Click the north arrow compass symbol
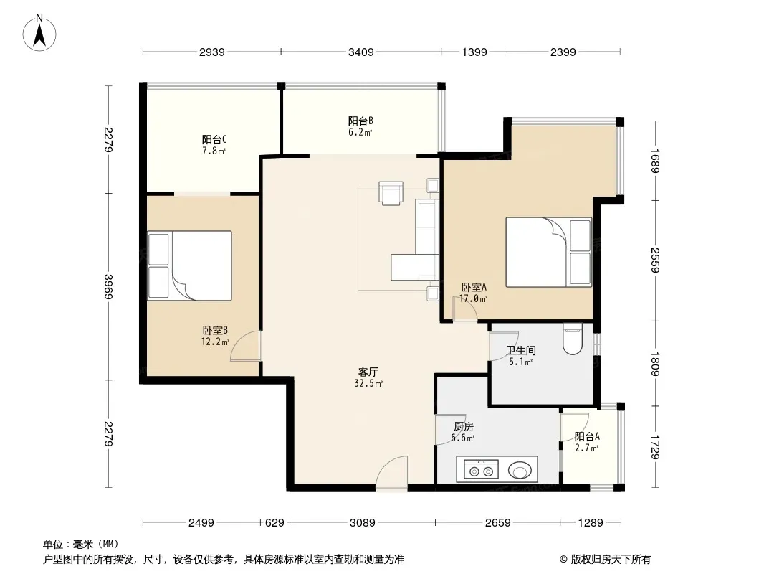[39, 33]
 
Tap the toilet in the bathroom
[572, 339]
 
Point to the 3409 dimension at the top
[361, 52]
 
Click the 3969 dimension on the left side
[108, 287]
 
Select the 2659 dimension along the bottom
[497, 523]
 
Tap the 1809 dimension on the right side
[655, 364]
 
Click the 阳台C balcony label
[214, 139]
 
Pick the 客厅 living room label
[368, 372]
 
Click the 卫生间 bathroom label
[521, 350]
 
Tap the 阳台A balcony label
[587, 436]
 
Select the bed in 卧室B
[189, 265]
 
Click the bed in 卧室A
[549, 252]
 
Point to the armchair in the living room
[391, 193]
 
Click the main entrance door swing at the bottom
[392, 471]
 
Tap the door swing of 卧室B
[246, 347]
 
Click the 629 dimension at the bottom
[274, 523]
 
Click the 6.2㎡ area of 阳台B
[360, 132]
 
